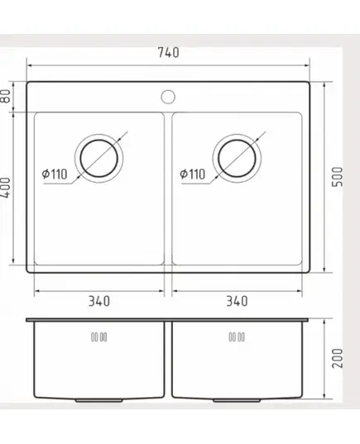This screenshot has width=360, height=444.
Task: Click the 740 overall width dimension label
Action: coord(168,53)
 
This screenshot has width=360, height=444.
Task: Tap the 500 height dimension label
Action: coord(338,177)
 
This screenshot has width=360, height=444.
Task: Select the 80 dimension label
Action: coord(6,96)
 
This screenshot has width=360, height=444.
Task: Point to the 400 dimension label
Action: coord(6,187)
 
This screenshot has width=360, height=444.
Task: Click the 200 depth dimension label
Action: coord(338,358)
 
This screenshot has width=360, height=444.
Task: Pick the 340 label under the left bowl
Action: coord(99,301)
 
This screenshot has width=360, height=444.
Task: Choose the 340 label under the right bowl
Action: coord(237,301)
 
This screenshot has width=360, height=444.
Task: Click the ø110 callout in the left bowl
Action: coord(55,174)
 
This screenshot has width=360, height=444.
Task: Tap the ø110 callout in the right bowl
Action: coord(193,174)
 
